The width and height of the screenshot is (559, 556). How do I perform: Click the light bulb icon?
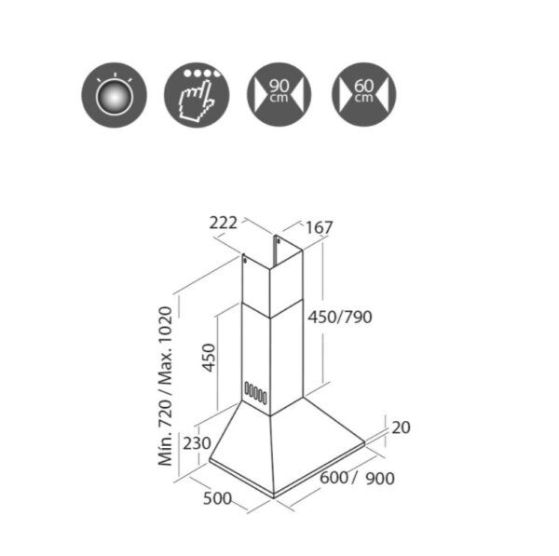[x=114, y=95]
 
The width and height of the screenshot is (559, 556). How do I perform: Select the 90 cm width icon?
[x=279, y=95]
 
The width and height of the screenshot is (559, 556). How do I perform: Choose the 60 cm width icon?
[x=364, y=95]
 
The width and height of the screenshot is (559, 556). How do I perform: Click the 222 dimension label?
[x=224, y=224]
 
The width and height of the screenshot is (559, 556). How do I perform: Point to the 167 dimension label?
[x=319, y=228]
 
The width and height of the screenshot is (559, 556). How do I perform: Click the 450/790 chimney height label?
[x=340, y=317]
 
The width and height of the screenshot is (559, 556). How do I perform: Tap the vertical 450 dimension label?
[x=209, y=358]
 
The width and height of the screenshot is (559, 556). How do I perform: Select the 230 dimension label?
[x=197, y=443]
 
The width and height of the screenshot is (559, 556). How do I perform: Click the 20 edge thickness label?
[x=401, y=427]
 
